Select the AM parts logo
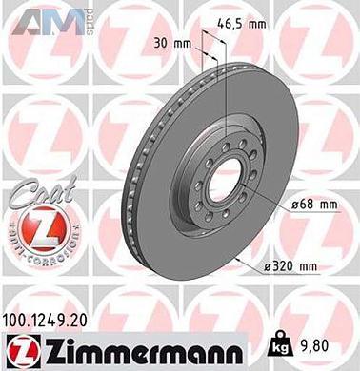tap(51, 20)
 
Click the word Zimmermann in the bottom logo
tap(144, 347)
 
